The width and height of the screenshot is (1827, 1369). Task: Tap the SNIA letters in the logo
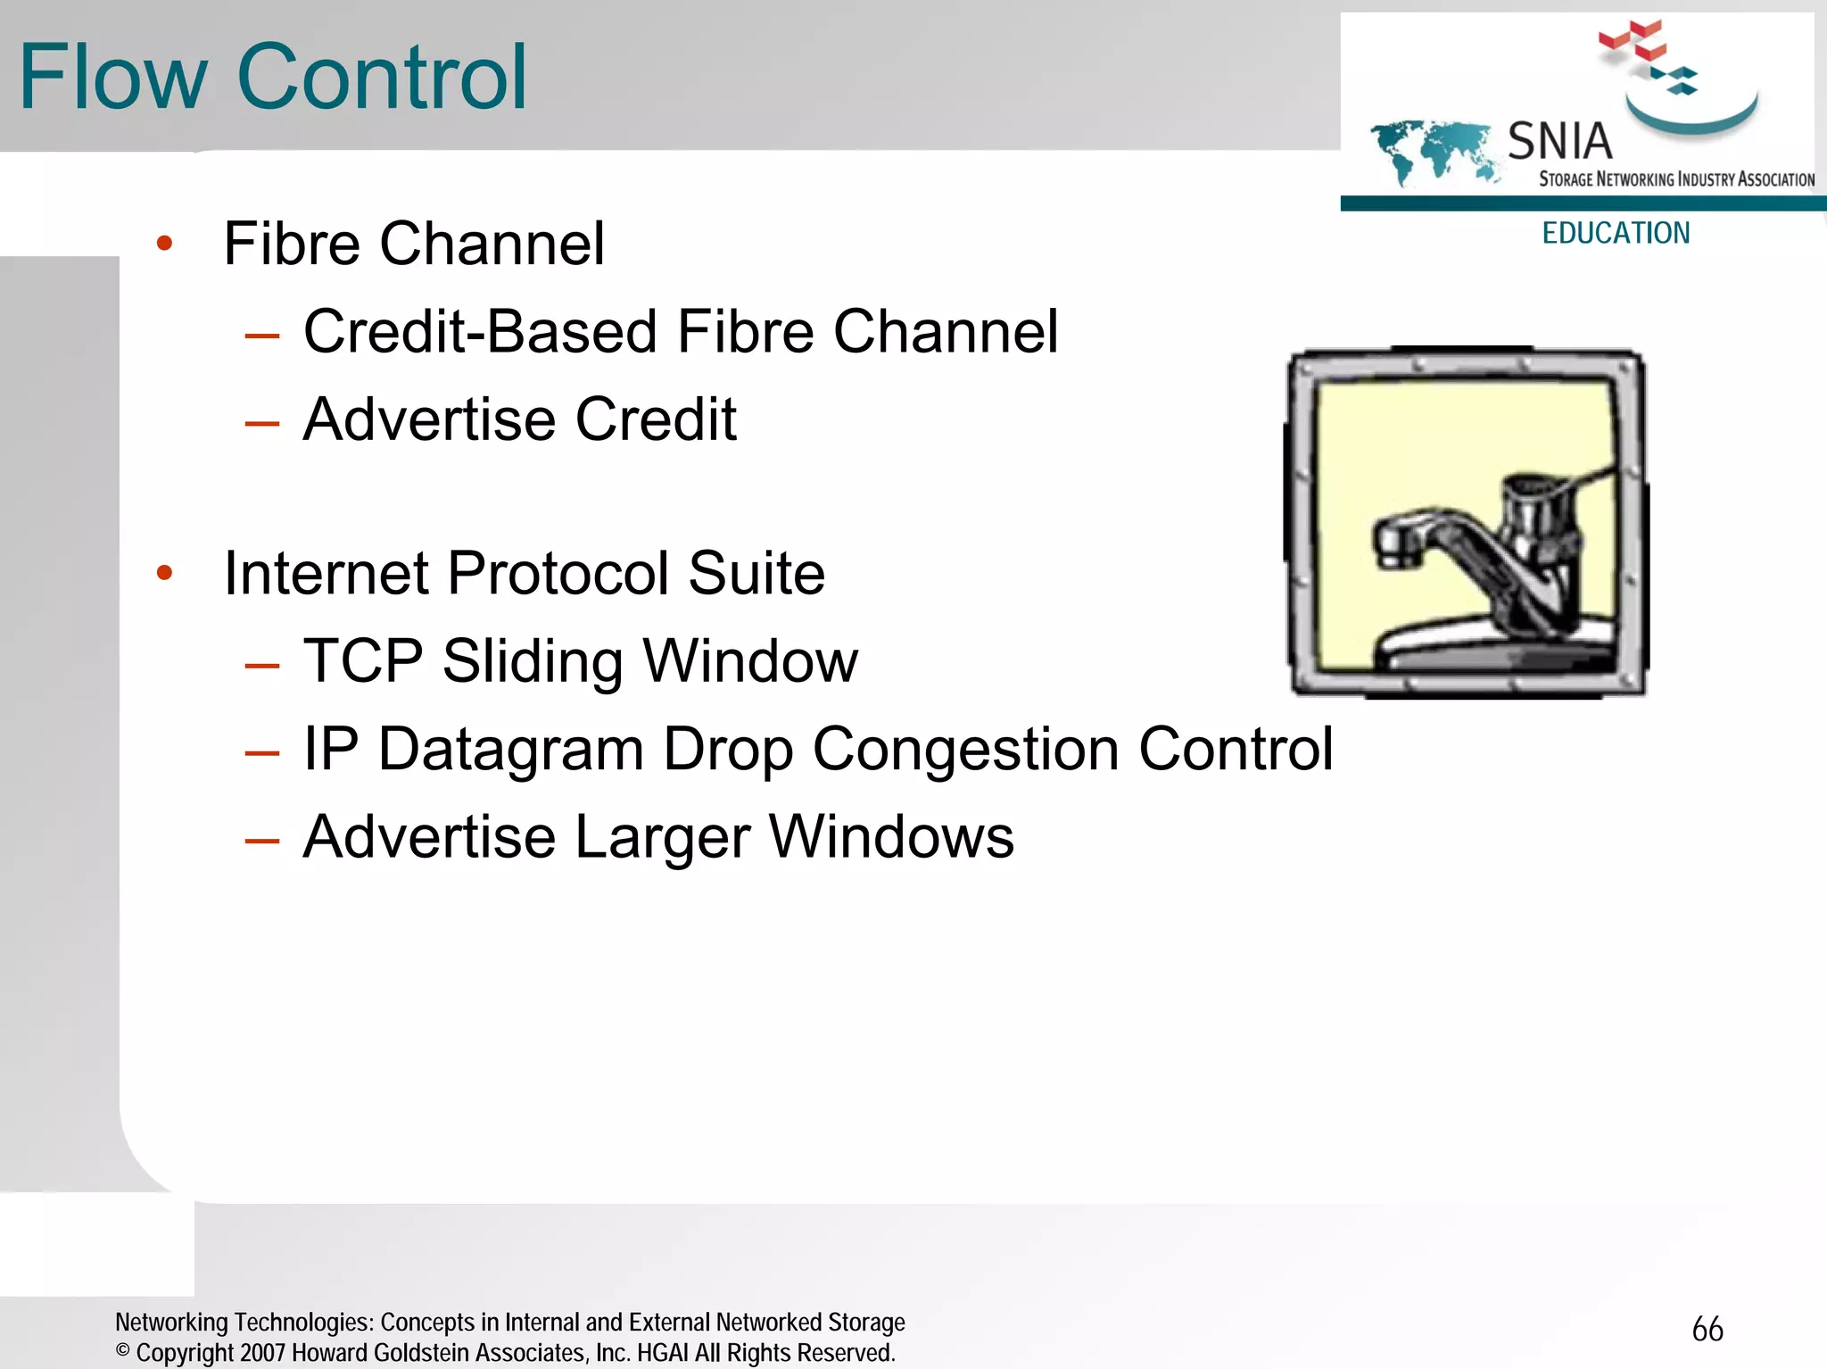1559,141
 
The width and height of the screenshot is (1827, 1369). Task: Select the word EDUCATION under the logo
1616,233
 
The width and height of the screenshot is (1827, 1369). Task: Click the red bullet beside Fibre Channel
164,243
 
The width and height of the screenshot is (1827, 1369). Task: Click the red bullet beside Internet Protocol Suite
164,572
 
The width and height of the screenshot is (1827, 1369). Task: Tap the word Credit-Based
480,332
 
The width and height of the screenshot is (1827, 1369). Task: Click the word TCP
363,660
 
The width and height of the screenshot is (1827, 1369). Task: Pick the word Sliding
533,660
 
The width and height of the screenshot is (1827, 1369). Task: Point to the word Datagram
510,749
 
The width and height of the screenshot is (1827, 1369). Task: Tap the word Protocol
558,573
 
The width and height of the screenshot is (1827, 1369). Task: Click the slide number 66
1707,1329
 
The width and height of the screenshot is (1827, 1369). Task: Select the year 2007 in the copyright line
263,1353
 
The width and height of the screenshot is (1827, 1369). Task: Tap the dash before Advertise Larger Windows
262,840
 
